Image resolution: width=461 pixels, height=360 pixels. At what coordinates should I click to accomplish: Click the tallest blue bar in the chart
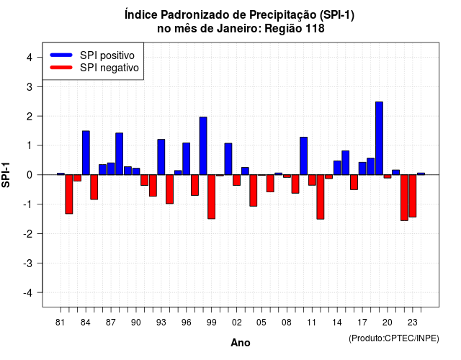[x=379, y=138]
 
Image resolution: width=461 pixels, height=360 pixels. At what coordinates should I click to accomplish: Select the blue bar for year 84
[x=86, y=153]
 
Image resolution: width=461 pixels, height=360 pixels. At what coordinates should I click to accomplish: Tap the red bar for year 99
[x=211, y=197]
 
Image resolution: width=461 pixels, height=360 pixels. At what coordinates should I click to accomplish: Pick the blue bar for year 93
[x=161, y=157]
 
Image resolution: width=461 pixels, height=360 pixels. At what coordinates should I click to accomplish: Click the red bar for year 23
[x=413, y=196]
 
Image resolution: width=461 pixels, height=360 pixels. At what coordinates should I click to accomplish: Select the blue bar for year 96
[x=186, y=158]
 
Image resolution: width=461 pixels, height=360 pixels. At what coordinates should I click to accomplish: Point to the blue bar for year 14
[x=337, y=168]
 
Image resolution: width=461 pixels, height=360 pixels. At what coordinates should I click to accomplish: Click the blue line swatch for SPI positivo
[x=61, y=55]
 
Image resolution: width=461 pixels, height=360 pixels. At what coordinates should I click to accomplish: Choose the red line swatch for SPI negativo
[x=61, y=68]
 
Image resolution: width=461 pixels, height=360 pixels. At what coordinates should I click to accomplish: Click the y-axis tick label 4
[x=30, y=58]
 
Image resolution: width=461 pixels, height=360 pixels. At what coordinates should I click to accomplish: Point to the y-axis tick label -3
[x=27, y=264]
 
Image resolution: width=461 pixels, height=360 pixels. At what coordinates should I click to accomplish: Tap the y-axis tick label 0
[x=30, y=175]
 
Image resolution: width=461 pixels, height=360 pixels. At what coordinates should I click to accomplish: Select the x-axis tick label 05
[x=261, y=323]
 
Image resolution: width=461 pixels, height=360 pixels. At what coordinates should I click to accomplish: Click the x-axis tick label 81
[x=61, y=323]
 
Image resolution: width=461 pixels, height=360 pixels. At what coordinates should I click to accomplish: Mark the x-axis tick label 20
[x=388, y=323]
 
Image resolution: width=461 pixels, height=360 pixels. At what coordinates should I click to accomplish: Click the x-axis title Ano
[x=241, y=343]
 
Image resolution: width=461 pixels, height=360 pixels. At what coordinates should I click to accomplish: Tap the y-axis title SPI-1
[x=6, y=175]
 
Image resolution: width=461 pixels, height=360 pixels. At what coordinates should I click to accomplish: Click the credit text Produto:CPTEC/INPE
[x=394, y=338]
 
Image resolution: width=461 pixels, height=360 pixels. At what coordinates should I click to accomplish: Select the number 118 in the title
[x=315, y=29]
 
